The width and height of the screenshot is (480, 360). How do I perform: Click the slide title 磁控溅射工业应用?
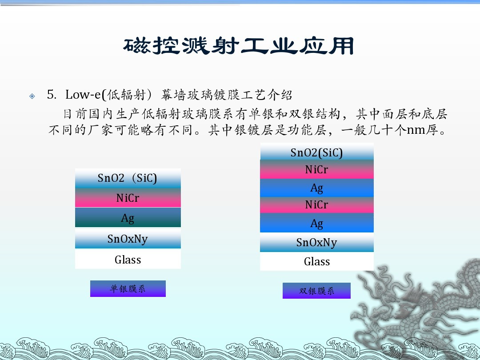(239, 46)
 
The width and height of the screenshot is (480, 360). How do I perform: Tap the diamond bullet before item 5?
(32, 96)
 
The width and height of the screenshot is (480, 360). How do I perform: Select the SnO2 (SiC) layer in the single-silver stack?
(128, 178)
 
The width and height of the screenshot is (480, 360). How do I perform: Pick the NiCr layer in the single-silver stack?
(128, 198)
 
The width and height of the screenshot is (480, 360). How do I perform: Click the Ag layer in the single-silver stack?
(128, 217)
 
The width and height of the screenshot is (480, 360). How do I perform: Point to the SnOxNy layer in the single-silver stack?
(128, 239)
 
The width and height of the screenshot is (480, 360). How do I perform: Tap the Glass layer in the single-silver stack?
(128, 259)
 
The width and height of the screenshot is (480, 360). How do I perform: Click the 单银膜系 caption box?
(128, 289)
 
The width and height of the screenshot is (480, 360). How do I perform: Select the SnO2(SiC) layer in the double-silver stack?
(317, 152)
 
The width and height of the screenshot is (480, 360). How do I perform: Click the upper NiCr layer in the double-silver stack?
(317, 169)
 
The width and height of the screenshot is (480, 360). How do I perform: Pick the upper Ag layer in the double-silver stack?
(317, 188)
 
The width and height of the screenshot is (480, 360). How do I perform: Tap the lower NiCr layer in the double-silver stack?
(317, 205)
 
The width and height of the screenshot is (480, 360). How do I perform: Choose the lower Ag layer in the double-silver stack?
(317, 223)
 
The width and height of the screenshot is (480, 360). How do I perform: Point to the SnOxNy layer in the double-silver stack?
(317, 243)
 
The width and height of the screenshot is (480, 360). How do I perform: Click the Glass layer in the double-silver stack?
(317, 261)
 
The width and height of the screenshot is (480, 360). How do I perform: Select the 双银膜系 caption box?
(316, 291)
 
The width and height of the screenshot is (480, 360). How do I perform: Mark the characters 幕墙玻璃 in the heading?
(188, 95)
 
